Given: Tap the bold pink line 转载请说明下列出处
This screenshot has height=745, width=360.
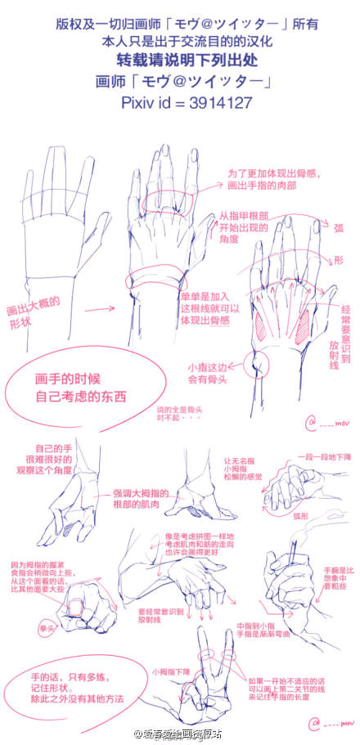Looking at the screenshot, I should [x=179, y=61].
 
